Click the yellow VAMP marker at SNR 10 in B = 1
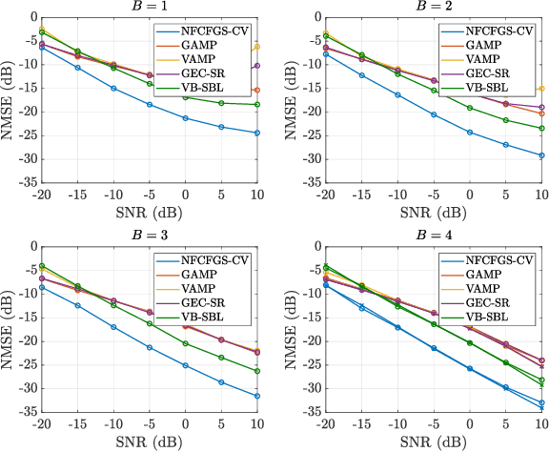click(257, 47)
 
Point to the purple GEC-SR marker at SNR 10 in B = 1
click(257, 66)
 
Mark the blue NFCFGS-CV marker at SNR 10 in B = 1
click(257, 133)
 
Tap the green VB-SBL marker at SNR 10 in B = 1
click(257, 105)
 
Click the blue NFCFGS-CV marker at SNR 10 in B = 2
click(541, 155)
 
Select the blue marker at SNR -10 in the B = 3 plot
click(113, 327)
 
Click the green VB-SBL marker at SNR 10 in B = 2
click(541, 128)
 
